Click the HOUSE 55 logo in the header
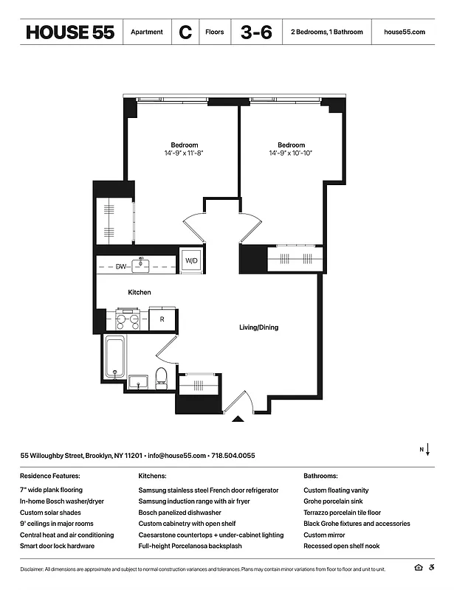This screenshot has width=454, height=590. click(x=70, y=32)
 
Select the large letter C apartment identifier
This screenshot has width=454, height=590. click(x=185, y=32)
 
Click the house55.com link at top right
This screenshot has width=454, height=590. click(x=405, y=32)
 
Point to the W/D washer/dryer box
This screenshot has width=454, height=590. click(x=192, y=261)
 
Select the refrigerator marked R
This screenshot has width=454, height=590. click(x=162, y=319)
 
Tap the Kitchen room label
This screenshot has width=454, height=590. click(x=140, y=293)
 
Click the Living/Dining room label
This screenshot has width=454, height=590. click(x=258, y=327)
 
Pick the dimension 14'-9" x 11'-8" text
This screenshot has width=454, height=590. click(x=185, y=153)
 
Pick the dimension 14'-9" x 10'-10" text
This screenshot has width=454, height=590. click(x=291, y=153)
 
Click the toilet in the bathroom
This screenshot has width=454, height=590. click(x=162, y=378)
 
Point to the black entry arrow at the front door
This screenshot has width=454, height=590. click(x=238, y=419)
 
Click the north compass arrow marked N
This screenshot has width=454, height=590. click(x=427, y=450)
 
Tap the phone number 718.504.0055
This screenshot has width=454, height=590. click(x=233, y=456)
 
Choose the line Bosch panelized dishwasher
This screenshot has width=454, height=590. click(x=179, y=513)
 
